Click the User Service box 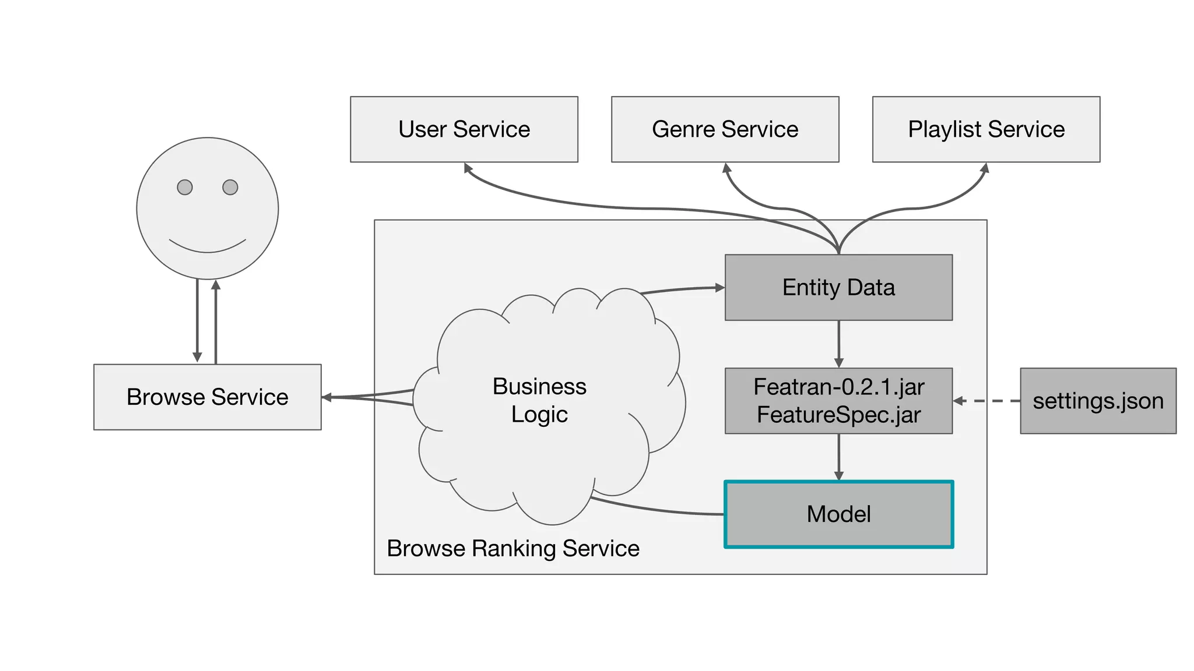tap(463, 129)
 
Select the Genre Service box tap(725, 129)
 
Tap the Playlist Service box tap(986, 129)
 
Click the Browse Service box tap(207, 397)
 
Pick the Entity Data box tap(838, 288)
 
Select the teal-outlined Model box tap(838, 514)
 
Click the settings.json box tap(1098, 401)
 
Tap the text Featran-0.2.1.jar tap(838, 387)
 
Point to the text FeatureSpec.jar tap(838, 415)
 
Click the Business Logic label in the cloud tap(539, 400)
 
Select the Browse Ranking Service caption tap(513, 549)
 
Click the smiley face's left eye tap(185, 188)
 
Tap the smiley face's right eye tap(230, 188)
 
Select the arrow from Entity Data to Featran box tap(838, 344)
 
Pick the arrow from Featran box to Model tap(838, 457)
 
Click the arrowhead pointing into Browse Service tap(327, 397)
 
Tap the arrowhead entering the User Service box tap(468, 168)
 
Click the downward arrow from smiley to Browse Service tap(197, 320)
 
